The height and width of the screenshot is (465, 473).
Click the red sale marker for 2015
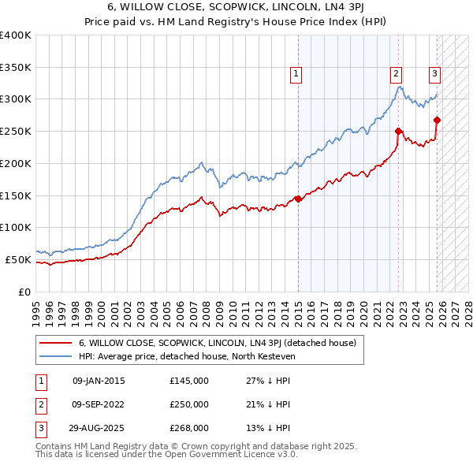[298, 199]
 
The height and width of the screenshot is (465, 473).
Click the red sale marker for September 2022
[399, 131]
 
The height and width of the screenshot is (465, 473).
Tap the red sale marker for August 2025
[438, 120]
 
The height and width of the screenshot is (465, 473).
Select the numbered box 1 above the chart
[296, 75]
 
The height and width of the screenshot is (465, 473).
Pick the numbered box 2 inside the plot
[396, 75]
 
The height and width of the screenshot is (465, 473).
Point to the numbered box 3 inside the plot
[434, 75]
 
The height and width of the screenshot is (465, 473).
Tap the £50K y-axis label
[19, 259]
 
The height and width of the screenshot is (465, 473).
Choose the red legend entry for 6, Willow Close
[218, 343]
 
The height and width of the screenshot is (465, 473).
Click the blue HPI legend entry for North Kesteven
[185, 357]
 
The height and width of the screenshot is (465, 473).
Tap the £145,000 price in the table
[189, 381]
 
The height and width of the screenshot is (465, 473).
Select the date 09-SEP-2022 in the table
[99, 404]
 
